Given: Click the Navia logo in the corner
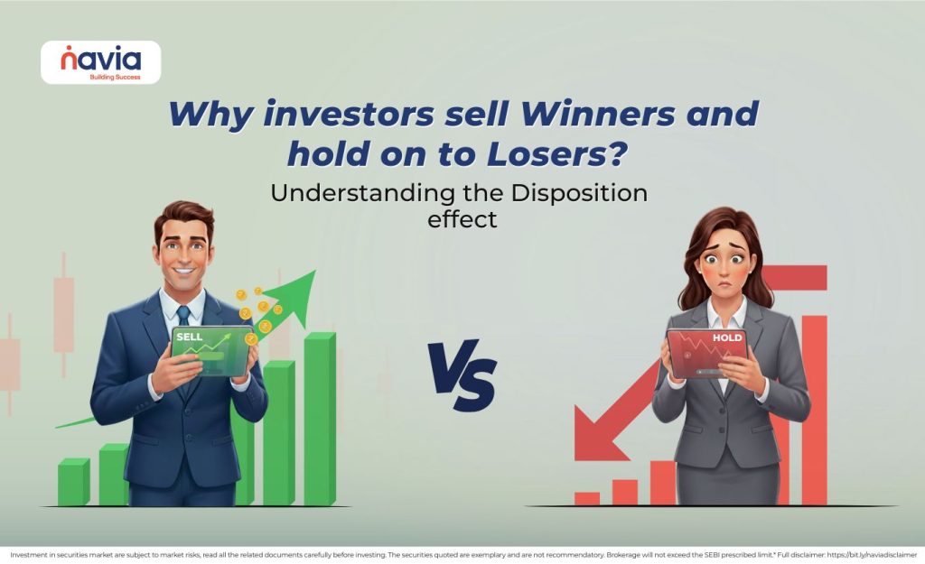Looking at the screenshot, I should (100, 62).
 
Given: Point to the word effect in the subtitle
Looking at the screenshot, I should (462, 218).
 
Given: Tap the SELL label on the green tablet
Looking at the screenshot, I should (190, 337).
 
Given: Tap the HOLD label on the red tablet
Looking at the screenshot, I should (726, 338).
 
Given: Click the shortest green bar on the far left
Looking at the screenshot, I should (73, 483).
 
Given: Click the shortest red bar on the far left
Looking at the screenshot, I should (586, 498).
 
